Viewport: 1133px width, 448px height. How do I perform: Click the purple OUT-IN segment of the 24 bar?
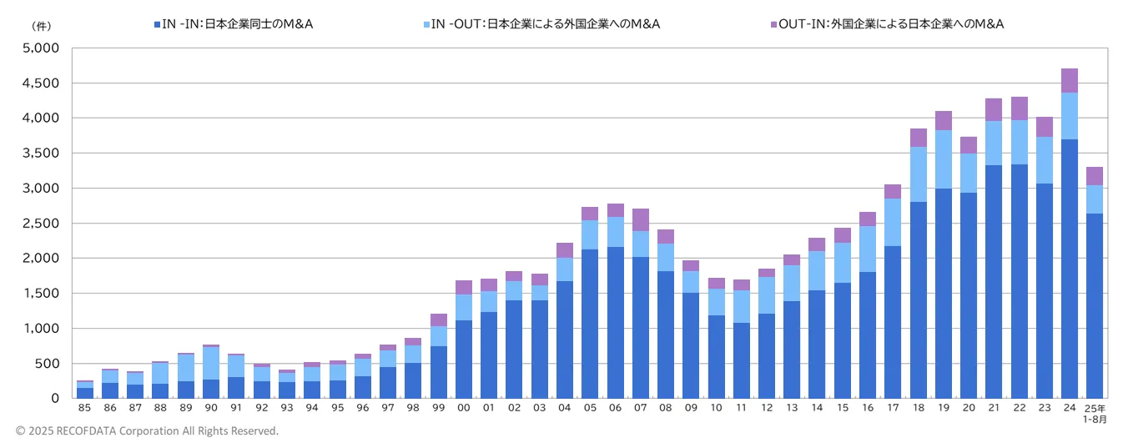[x=1069, y=81]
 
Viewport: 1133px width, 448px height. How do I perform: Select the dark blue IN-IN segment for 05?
[x=590, y=324]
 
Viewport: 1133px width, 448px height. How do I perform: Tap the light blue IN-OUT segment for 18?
[x=918, y=174]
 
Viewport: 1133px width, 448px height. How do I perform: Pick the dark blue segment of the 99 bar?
[x=439, y=372]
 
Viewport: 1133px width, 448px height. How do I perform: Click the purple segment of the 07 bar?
[x=641, y=220]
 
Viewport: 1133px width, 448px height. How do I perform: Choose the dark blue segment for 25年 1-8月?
[x=1095, y=305]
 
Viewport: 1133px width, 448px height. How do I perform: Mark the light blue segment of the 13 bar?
[x=792, y=283]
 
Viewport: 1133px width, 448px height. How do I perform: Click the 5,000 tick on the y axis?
[x=41, y=48]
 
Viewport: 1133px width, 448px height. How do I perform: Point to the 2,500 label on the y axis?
[x=41, y=224]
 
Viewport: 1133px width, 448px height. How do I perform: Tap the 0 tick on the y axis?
[x=55, y=399]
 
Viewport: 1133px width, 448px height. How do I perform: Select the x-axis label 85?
[x=84, y=408]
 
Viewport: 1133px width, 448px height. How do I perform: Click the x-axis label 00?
[x=464, y=408]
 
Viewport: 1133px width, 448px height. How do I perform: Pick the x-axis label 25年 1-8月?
[x=1095, y=413]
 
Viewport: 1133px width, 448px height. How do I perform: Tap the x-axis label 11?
[x=742, y=408]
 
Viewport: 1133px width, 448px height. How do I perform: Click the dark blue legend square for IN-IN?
[x=157, y=24]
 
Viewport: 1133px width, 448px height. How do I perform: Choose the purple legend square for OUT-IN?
[x=772, y=24]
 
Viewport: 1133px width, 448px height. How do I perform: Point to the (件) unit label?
[x=41, y=26]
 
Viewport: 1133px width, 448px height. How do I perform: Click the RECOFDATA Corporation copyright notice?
[x=147, y=431]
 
